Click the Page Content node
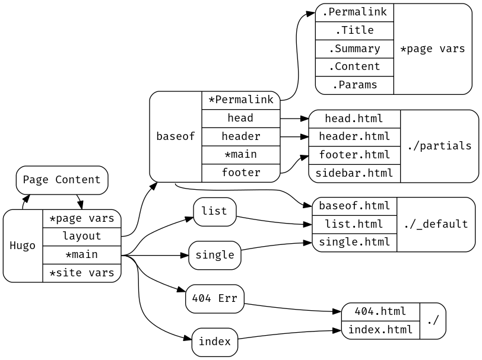tap(62, 180)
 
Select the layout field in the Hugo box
tap(82, 236)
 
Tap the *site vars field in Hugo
tap(82, 273)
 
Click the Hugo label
tap(23, 246)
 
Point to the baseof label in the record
tap(176, 136)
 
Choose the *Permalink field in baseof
tap(240, 100)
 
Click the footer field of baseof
tap(240, 173)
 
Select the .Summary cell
tap(354, 49)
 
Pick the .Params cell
tap(354, 85)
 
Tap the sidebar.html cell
tap(354, 173)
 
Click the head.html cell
tap(354, 119)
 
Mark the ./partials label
tap(439, 146)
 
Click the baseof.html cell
tap(354, 206)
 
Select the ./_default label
tap(436, 224)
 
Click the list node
tap(214, 211)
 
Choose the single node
tap(214, 255)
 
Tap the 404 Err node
tap(214, 298)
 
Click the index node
tap(214, 342)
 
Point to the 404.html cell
tap(380, 311)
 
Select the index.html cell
tap(380, 330)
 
